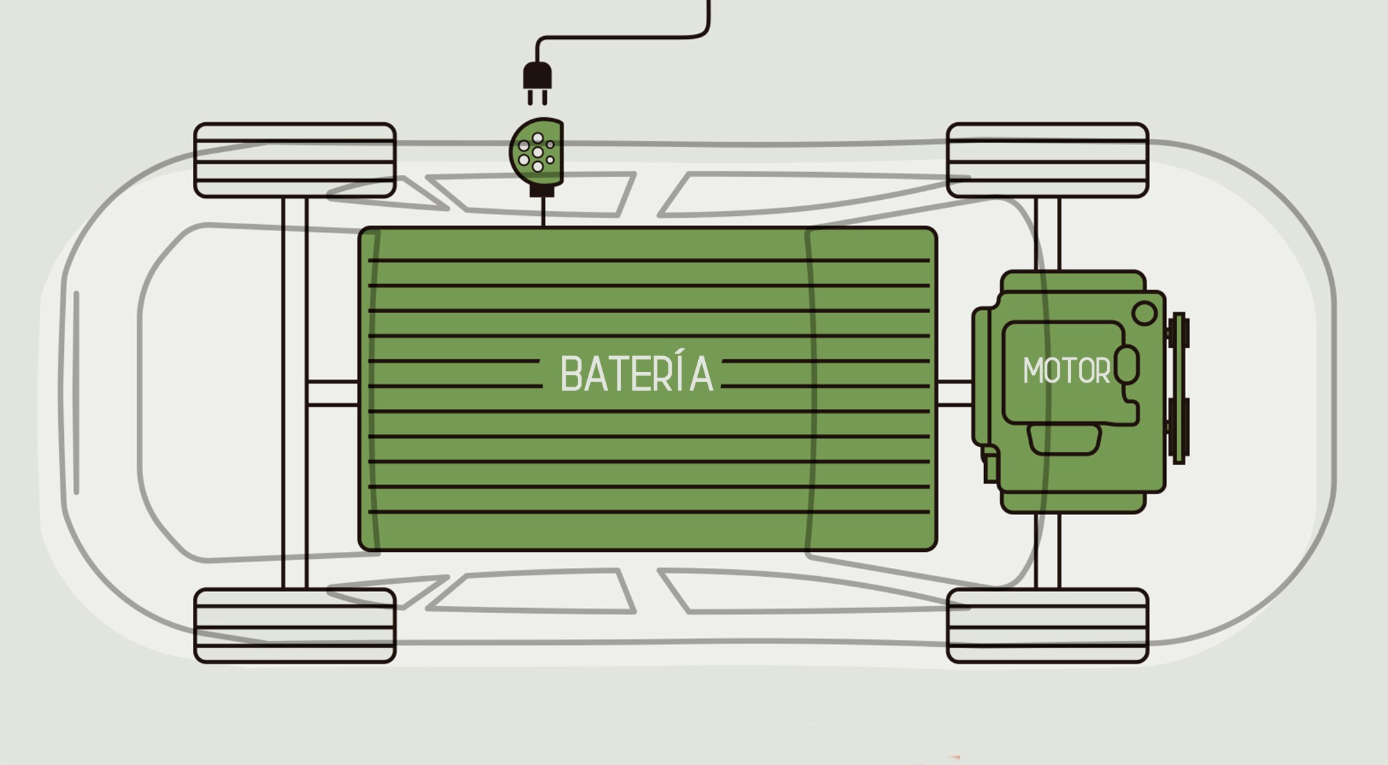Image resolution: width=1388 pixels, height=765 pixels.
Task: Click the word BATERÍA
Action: [636, 374]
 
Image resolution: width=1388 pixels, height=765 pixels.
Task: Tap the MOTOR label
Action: [1066, 371]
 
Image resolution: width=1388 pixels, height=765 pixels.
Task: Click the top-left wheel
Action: [295, 160]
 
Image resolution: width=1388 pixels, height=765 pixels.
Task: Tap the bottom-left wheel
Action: [295, 625]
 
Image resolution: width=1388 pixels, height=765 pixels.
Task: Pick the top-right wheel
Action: [1047, 160]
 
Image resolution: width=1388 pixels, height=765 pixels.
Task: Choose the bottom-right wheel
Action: [1047, 625]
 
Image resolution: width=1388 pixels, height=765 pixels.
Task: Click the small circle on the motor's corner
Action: [1144, 313]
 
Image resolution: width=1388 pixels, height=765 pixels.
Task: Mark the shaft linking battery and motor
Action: [954, 393]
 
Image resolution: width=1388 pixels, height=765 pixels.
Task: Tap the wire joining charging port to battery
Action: [543, 212]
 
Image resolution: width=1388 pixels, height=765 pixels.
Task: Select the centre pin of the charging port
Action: [538, 152]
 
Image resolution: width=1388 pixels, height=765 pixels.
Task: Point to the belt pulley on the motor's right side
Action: [1178, 389]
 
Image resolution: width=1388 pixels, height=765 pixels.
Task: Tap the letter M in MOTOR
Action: [1034, 371]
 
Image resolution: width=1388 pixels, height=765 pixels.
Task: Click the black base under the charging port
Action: [543, 190]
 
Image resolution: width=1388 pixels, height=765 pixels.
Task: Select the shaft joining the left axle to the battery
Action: [332, 393]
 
